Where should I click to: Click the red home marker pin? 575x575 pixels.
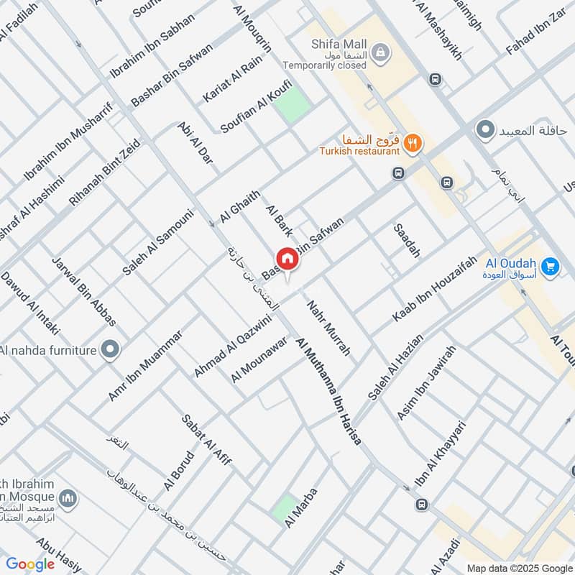click(286, 259)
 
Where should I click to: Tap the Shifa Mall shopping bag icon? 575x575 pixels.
click(382, 51)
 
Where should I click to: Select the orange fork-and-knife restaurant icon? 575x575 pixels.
click(412, 143)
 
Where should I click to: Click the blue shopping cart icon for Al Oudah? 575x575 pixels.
click(551, 267)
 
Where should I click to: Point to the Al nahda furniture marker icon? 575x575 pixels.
click(109, 350)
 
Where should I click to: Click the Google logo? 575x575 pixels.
click(30, 564)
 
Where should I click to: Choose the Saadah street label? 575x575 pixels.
click(407, 241)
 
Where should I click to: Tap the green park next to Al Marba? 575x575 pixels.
click(286, 508)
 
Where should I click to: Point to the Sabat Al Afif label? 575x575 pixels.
click(206, 440)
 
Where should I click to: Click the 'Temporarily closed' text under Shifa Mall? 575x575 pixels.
click(324, 65)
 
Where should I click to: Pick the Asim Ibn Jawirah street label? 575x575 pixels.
click(426, 383)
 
